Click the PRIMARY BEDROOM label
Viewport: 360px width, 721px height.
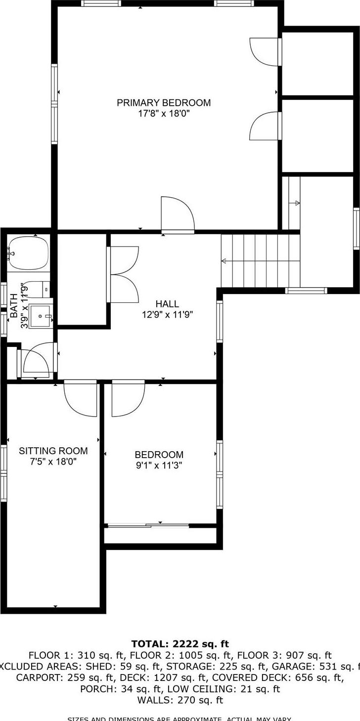pos(164,103)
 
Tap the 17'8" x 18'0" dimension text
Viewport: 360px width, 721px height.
pos(164,114)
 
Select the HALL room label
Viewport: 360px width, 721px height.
pos(167,304)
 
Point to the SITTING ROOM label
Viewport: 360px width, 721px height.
pos(53,451)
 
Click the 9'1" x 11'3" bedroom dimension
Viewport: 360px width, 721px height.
pos(159,465)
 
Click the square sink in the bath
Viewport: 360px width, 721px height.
pos(40,316)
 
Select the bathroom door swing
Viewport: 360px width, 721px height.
pos(37,359)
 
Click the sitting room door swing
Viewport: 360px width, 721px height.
pos(81,397)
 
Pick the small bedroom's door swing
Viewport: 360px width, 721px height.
pos(128,398)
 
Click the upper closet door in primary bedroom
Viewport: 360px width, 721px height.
pos(266,51)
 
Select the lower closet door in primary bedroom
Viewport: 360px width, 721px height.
pos(266,126)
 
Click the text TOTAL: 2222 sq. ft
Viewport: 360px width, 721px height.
pos(180,643)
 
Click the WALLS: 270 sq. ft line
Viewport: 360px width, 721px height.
pos(180,700)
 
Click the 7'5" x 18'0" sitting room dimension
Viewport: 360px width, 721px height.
pos(53,462)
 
